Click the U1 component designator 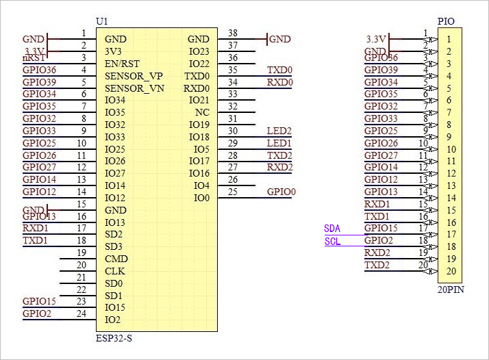(x=101, y=22)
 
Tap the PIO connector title (x=445, y=22)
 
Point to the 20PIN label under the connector (x=450, y=290)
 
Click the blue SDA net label (x=332, y=228)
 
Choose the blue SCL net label (x=332, y=241)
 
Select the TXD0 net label (x=279, y=70)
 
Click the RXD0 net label (x=279, y=82)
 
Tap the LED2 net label (x=279, y=131)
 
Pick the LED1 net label (x=279, y=143)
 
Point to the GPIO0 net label (x=281, y=192)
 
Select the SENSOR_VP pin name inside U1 (x=134, y=76)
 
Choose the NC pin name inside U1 (x=202, y=113)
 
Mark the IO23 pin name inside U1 (x=199, y=51)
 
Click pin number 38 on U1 (x=233, y=33)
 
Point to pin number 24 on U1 (x=81, y=314)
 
